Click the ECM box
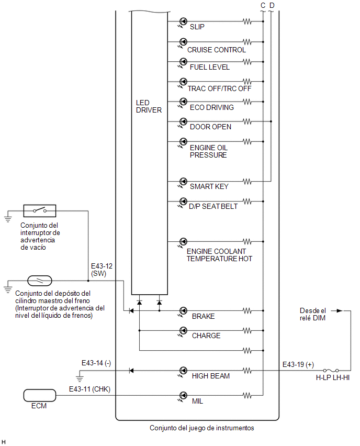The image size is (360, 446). (40, 395)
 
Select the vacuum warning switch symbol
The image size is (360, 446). (40, 211)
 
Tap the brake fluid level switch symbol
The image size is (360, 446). (40, 281)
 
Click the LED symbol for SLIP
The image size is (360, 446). (183, 22)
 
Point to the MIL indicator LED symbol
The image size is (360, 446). (183, 396)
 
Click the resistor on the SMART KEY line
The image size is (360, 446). (247, 181)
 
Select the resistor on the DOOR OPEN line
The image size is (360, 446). (247, 121)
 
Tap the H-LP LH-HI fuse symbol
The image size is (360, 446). (331, 370)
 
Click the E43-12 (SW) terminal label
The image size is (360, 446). (102, 270)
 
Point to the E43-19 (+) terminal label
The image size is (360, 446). (298, 364)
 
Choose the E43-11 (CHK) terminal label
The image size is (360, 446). (89, 389)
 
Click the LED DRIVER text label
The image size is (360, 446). (149, 106)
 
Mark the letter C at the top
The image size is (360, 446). (263, 5)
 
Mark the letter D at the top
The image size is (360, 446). (272, 5)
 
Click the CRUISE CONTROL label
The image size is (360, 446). (217, 50)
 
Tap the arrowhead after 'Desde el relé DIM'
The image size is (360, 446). (340, 310)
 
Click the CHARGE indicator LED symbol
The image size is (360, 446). (183, 331)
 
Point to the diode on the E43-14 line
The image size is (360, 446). (131, 371)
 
